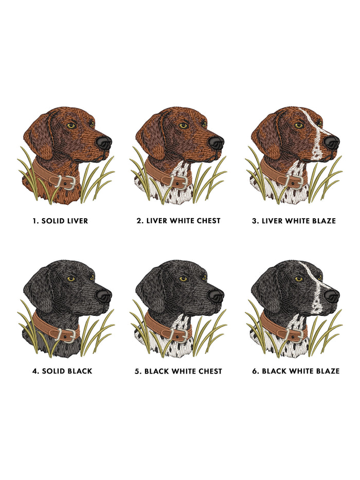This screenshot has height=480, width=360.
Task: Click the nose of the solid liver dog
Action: click(104, 143)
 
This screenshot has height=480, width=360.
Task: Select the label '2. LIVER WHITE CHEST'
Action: click(178, 221)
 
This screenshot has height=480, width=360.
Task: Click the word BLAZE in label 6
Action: click(328, 371)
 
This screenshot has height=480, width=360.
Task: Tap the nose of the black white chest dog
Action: click(216, 295)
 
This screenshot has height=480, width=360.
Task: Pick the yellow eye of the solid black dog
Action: click(71, 278)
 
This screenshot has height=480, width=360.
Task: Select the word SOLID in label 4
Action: click(53, 371)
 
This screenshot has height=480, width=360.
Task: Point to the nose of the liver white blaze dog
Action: click(332, 143)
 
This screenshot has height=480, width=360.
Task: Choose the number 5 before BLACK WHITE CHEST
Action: click(137, 371)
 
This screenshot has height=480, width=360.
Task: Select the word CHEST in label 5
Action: click(210, 371)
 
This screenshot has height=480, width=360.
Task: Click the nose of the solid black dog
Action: click(104, 295)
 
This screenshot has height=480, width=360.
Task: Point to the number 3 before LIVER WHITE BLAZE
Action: click(255, 221)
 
